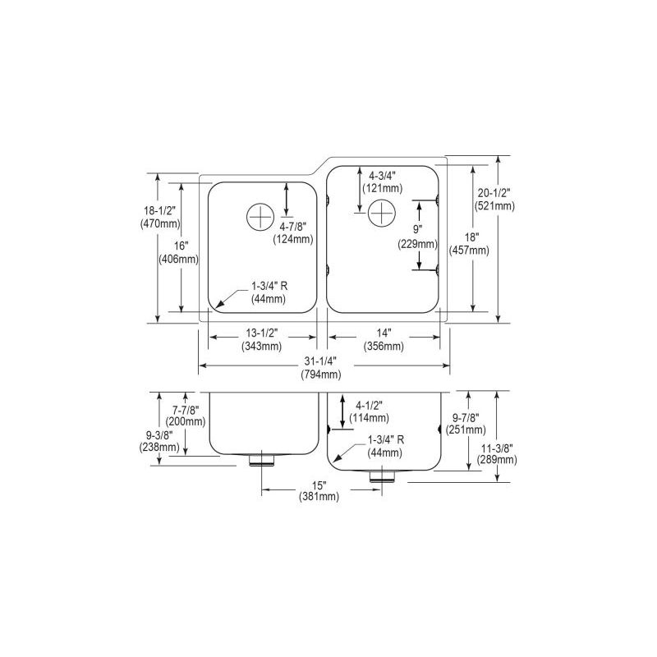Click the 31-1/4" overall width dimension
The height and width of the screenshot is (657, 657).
coord(320,367)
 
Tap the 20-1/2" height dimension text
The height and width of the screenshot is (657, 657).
coord(494,200)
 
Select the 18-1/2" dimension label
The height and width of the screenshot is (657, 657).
coord(160,217)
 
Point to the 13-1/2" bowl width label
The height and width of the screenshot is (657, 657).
coord(262,339)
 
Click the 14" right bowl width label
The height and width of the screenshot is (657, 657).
coord(384,339)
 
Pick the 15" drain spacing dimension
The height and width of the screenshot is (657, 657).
coord(319,490)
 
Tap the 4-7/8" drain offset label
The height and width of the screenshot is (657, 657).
coord(293,233)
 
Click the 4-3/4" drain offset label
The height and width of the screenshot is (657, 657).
coord(383,181)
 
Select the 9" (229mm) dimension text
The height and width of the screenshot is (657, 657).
coord(418,237)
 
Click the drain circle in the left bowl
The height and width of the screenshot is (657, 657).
coord(260,217)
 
